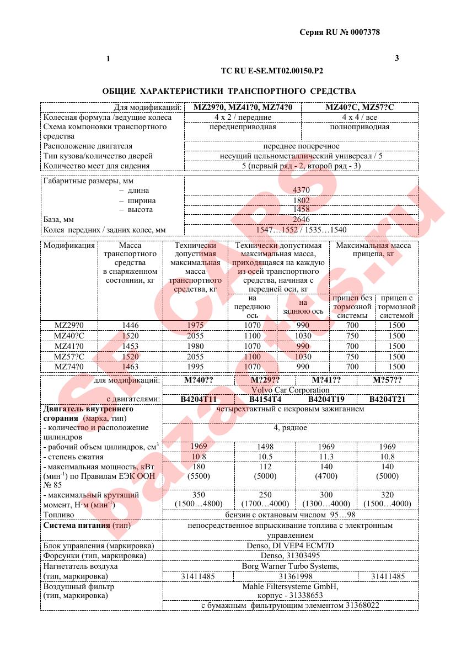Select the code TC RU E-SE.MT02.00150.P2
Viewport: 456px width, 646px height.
271,71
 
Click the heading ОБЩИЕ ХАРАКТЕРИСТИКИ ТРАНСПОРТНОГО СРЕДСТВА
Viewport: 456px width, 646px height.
229,91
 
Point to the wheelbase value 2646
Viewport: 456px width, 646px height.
301,220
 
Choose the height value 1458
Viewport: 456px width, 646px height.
301,210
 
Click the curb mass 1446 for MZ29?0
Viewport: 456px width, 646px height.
130,325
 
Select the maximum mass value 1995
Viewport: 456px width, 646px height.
195,367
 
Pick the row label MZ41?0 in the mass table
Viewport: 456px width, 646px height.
68,346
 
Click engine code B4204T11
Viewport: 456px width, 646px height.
199,399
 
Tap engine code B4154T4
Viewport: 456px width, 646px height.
265,399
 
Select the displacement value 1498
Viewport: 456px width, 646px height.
265,446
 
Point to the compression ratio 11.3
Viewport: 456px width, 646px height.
326,457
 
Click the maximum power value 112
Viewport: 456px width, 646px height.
265,467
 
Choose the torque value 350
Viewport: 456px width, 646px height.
199,495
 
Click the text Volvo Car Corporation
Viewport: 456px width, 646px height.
290,390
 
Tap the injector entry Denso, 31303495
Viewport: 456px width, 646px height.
290,555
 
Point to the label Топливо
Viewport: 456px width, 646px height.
59,515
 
